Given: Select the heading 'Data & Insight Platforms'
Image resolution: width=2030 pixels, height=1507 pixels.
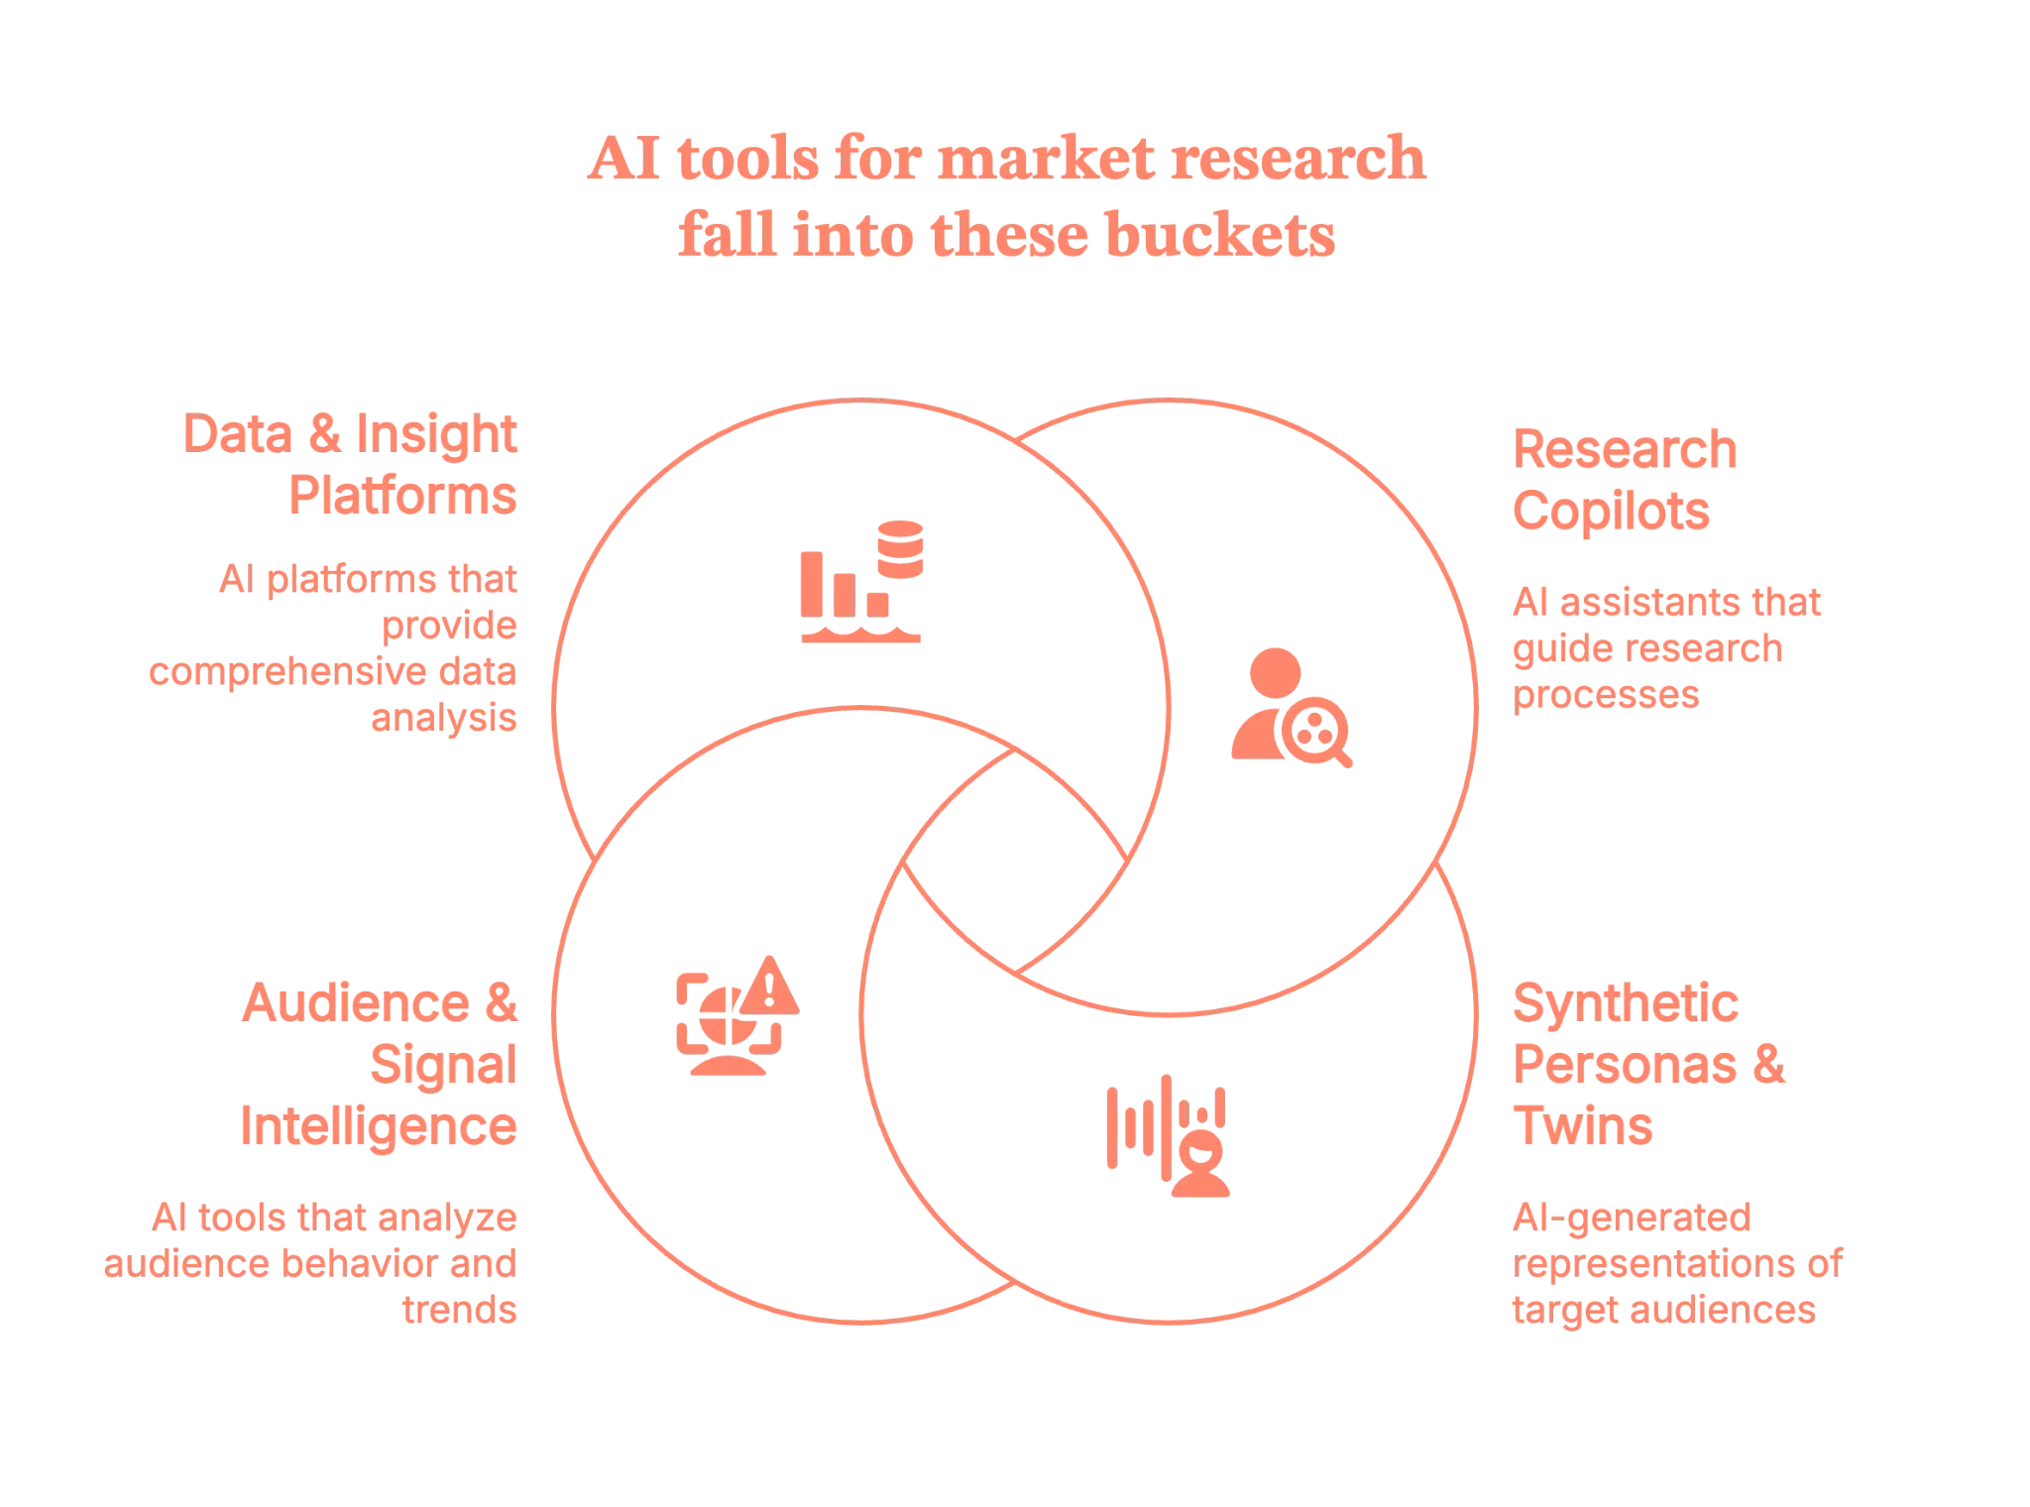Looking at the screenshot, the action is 352,464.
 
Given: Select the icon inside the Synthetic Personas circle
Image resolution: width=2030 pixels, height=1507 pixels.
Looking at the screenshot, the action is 1168,1134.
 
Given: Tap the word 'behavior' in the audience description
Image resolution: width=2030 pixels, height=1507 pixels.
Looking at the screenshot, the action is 373,1263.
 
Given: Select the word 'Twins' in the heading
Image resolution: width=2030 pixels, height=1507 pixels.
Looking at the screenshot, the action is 1584,1126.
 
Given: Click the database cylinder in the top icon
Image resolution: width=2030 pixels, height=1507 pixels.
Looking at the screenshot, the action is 900,546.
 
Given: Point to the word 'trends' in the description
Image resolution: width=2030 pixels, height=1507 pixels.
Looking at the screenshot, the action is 461,1310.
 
